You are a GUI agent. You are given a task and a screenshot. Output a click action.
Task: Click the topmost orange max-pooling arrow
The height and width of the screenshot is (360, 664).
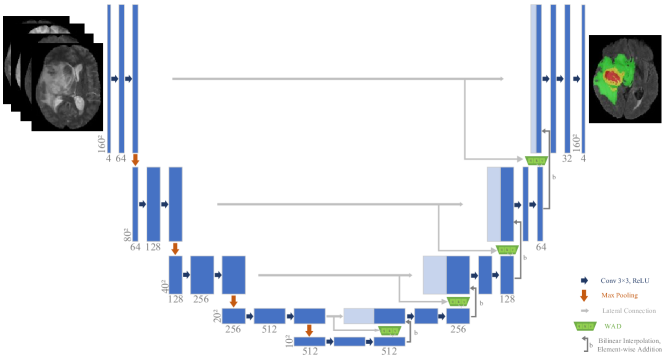coord(135,159)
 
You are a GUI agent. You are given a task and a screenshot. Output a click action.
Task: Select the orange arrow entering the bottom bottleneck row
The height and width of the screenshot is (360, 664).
coord(309,329)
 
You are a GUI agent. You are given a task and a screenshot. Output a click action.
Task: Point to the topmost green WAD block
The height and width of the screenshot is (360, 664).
coord(537,160)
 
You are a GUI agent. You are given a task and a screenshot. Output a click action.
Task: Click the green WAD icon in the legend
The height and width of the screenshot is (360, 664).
coord(584,325)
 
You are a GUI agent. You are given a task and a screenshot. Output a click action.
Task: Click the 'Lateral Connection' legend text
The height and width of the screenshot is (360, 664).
coord(620,310)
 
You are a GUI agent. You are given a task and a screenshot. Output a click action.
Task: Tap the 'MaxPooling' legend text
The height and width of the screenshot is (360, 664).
coord(619,295)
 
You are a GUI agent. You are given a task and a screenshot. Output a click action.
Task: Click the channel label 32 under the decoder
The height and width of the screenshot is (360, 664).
coord(566,158)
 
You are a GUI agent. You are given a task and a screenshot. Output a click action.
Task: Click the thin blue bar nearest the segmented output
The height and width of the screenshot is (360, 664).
coord(582,75)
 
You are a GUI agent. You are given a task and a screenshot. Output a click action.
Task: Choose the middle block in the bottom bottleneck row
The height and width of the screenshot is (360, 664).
coord(349,341)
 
